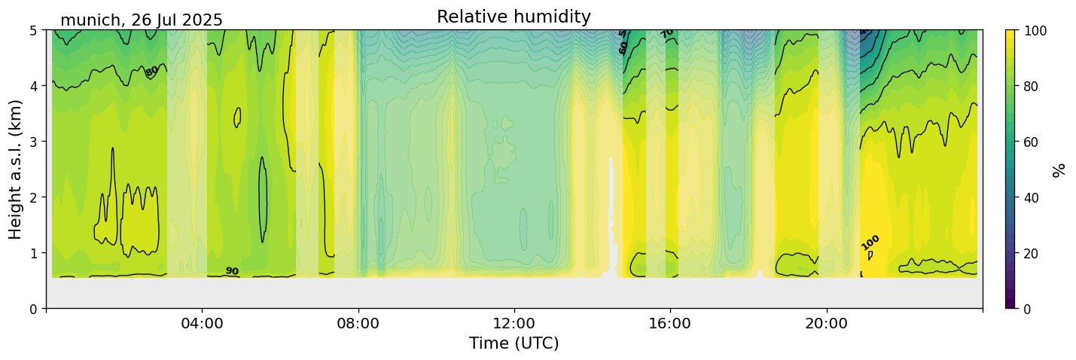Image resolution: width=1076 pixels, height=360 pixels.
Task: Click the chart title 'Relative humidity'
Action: tap(514, 17)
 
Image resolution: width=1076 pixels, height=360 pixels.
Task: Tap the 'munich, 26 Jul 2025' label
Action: tap(142, 20)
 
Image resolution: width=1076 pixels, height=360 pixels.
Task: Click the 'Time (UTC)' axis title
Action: tap(514, 343)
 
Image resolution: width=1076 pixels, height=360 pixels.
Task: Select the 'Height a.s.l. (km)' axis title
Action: tap(16, 169)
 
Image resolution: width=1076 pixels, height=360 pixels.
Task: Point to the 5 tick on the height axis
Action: tap(34, 30)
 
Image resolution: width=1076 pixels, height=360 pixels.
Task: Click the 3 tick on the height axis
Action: tap(34, 142)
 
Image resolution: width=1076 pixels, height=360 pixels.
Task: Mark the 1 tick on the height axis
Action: tap(34, 253)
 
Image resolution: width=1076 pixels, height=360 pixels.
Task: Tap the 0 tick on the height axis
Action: tap(34, 309)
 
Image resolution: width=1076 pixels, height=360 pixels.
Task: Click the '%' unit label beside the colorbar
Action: tap(1059, 169)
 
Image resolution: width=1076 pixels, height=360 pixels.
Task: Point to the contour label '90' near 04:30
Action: tap(232, 271)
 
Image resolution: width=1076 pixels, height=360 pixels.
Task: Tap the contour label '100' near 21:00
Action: tap(870, 243)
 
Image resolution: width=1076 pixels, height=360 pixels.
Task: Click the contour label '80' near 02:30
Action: tap(152, 72)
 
